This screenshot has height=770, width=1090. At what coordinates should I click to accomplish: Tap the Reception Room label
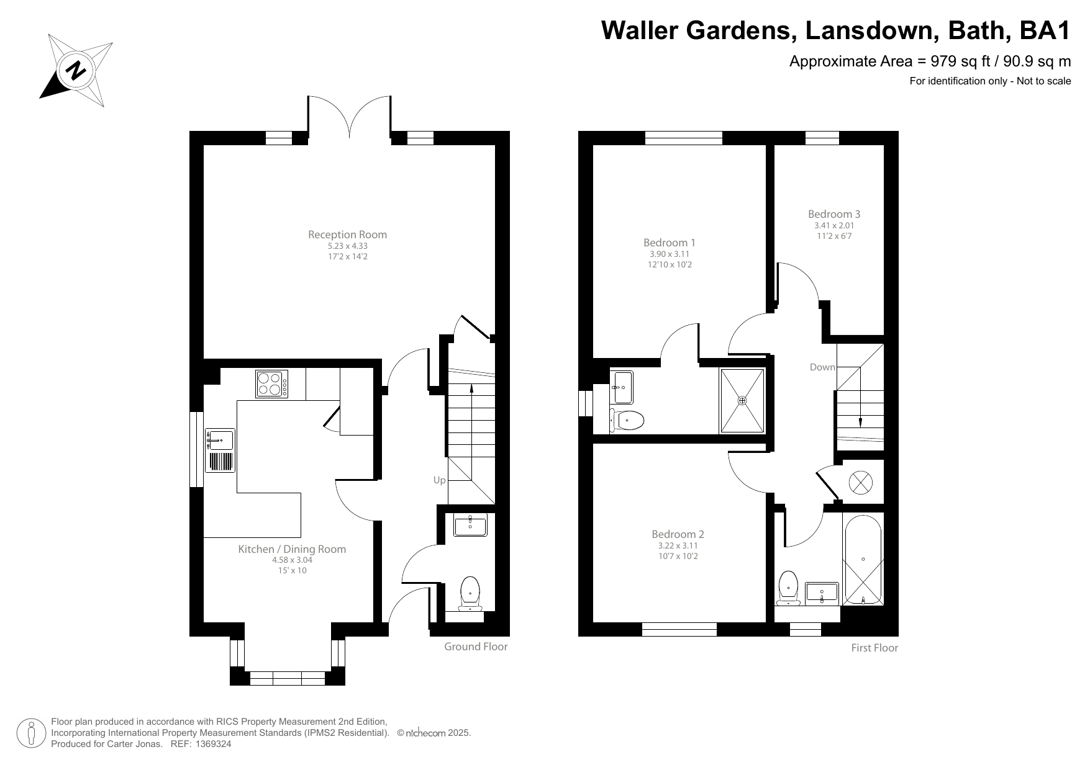tap(347, 235)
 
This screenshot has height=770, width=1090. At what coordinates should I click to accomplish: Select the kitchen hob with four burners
tap(271, 383)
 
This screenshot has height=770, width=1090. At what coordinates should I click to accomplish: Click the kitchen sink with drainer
tap(220, 450)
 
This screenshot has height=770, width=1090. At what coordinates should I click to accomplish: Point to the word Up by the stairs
tap(439, 480)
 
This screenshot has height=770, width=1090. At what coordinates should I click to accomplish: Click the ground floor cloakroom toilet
tap(470, 593)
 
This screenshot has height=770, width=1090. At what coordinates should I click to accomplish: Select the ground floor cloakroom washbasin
tap(470, 526)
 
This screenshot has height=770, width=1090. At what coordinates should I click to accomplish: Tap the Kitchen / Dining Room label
tap(292, 549)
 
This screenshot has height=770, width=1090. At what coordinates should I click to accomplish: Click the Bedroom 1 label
tap(669, 243)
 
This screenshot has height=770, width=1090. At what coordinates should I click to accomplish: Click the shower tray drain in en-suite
tap(742, 401)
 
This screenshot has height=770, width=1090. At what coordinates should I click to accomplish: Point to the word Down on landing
tap(822, 367)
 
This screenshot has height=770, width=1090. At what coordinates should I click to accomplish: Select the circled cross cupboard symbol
tap(860, 483)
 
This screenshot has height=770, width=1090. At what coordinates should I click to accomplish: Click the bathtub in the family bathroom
tap(863, 560)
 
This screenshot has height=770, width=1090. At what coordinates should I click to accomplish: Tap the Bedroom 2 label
tap(678, 534)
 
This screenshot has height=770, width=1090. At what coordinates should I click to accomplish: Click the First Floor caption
tap(874, 648)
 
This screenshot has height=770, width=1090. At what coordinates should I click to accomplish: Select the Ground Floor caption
tap(475, 647)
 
